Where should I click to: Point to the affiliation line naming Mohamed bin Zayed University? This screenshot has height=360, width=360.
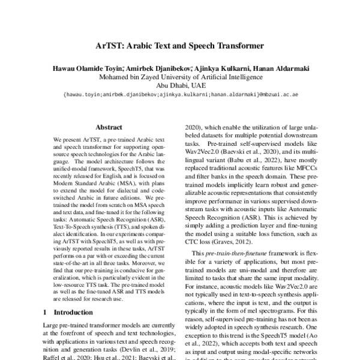pyautogui.click(x=180, y=77)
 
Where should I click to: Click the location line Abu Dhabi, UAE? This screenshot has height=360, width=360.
pyautogui.click(x=180, y=85)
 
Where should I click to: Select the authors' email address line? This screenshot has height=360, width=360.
pyautogui.click(x=180, y=94)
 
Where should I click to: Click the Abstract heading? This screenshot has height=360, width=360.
pyautogui.click(x=109, y=128)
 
